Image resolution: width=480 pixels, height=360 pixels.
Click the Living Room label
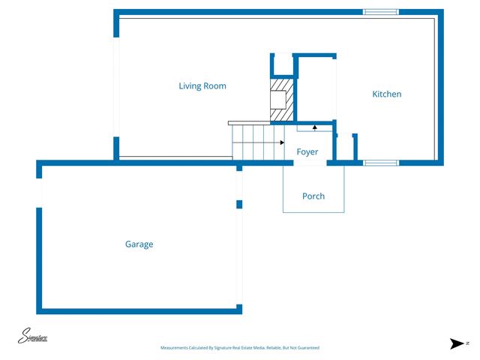pos(202,86)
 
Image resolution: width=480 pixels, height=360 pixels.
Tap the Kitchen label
pos(387,94)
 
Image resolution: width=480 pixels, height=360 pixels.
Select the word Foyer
pos(307,152)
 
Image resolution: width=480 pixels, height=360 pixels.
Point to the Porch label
pos(313,196)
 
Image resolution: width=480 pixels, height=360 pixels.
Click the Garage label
pos(139,244)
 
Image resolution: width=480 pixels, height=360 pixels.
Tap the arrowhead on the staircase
pos(281,142)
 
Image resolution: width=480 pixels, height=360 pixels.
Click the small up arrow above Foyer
pos(314,127)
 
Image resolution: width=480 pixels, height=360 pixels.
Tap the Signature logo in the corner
pos(33,337)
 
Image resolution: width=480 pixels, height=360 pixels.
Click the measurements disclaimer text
pos(240,348)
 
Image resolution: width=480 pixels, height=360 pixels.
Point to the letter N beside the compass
pos(466,343)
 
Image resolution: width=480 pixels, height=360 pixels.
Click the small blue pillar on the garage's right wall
pos(239,204)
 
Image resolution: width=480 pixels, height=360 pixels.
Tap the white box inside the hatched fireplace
pos(277,99)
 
